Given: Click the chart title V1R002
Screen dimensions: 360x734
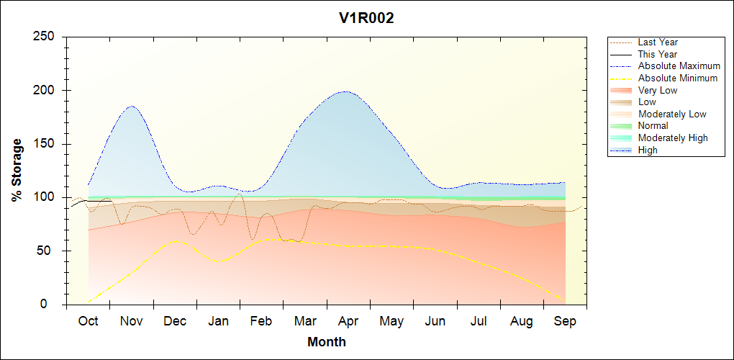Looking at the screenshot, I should tap(366, 18).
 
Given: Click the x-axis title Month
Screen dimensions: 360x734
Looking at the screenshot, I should tap(326, 342).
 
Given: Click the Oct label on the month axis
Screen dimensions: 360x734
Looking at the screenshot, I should tap(88, 322).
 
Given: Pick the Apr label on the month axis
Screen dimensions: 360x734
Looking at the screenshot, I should tap(348, 322).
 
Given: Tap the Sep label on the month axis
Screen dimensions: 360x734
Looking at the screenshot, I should tap(565, 322).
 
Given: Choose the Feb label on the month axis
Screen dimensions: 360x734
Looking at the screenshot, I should tap(261, 322).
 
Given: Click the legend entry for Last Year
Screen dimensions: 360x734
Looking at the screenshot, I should tap(658, 42).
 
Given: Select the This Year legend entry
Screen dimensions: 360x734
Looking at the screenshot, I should tap(658, 54).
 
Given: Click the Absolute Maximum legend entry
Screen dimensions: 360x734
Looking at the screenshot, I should tap(679, 66).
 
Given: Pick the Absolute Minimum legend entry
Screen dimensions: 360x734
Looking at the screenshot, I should tap(678, 78).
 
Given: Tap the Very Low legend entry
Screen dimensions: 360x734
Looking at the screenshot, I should tap(658, 90).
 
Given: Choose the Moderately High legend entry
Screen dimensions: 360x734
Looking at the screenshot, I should tap(673, 138).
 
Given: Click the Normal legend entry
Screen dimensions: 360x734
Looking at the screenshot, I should tap(653, 126).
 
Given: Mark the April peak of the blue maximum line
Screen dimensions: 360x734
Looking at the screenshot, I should tap(346, 91).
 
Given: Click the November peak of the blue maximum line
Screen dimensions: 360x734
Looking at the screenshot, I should tap(132, 106).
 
